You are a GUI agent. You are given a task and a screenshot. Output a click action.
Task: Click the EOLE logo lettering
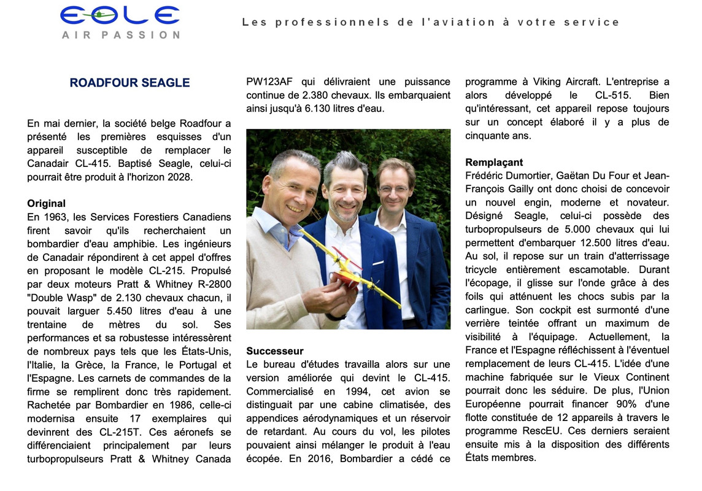pyautogui.click(x=120, y=16)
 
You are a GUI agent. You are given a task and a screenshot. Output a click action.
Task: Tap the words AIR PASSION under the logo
pyautogui.click(x=120, y=35)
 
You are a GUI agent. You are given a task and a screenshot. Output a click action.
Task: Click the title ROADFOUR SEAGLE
pyautogui.click(x=129, y=83)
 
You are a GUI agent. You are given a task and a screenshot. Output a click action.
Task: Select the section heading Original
pyautogui.click(x=46, y=204)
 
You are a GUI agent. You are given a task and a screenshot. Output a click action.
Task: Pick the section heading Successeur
pyautogui.click(x=275, y=351)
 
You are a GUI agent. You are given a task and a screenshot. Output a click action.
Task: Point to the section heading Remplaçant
pyautogui.click(x=494, y=163)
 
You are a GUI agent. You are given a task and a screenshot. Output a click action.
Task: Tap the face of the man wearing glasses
pyautogui.click(x=394, y=188)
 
